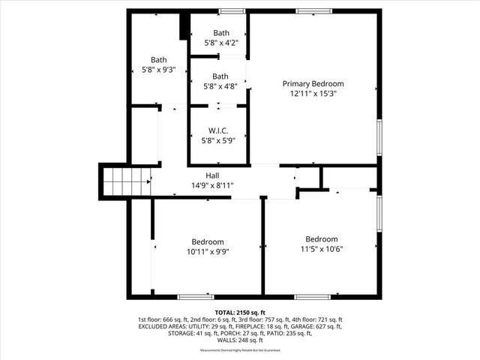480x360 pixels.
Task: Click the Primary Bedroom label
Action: tap(313, 83)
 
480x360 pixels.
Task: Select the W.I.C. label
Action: tap(218, 131)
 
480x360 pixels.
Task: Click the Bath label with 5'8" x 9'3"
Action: tap(158, 60)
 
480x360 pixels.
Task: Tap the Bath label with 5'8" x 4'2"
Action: tap(220, 33)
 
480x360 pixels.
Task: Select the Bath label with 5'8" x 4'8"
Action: tap(220, 76)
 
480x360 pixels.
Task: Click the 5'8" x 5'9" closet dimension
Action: tap(218, 141)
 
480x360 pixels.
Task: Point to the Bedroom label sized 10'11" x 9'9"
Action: tap(208, 241)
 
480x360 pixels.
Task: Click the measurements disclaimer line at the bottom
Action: tap(239, 350)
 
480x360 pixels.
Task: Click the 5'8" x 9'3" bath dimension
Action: tap(158, 70)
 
